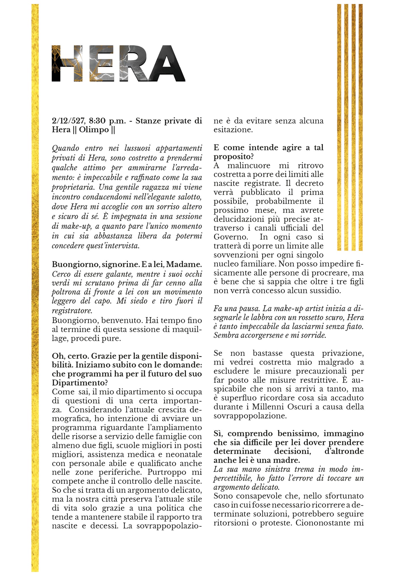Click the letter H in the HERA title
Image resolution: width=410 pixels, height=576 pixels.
pyautogui.click(x=67, y=63)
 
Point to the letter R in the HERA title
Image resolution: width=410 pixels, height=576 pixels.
pyautogui.click(x=133, y=63)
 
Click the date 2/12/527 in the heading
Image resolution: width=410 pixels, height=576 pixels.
pyautogui.click(x=69, y=121)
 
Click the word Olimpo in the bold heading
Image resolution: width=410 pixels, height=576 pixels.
pyautogui.click(x=94, y=130)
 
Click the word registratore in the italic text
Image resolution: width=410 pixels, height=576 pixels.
pyautogui.click(x=72, y=310)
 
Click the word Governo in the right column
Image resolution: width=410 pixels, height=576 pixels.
pyautogui.click(x=231, y=237)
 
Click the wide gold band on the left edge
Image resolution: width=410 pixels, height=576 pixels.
pyautogui.click(x=35, y=284)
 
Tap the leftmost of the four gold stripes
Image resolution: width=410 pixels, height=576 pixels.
pyautogui.click(x=339, y=128)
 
